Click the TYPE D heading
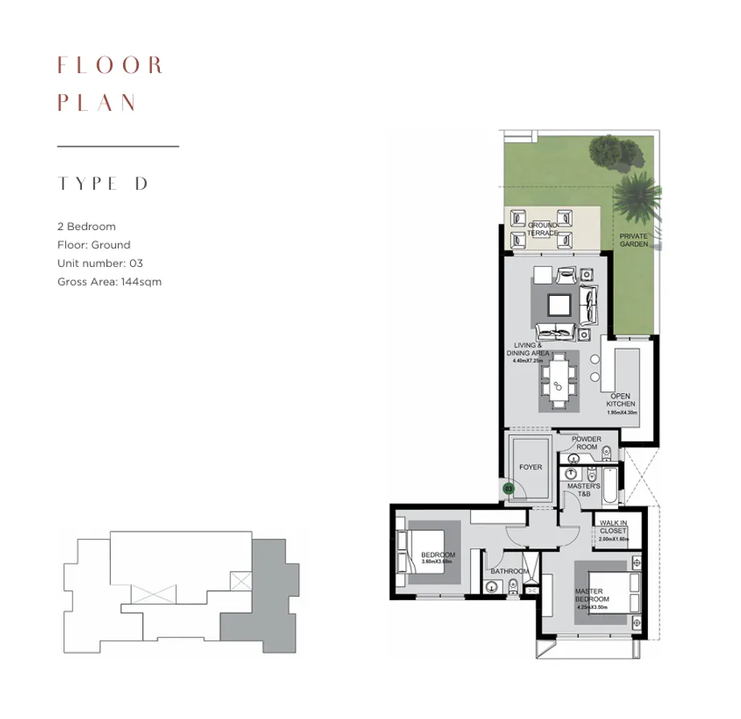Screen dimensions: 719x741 coord(103,183)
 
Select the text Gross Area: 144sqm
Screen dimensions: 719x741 coord(110,281)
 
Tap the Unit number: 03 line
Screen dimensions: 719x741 coord(100,263)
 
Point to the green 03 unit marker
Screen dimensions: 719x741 coord(508,487)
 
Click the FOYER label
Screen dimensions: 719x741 coord(531,466)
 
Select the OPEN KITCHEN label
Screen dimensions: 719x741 coord(622,400)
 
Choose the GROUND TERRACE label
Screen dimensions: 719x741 coord(542,229)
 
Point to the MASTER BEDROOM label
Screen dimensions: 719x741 coord(592,596)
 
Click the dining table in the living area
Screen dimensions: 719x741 coord(558,382)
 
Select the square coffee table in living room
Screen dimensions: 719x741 coord(559,305)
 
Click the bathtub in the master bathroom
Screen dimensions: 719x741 coord(611,487)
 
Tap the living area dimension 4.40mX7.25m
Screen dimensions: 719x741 coord(530,361)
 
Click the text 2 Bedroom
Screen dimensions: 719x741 coord(87,227)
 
